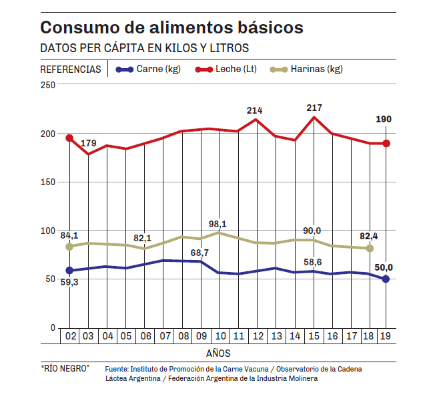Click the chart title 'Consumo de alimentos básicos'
[171, 28]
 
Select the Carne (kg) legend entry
[149, 69]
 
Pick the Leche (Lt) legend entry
[226, 69]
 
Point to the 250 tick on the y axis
[47, 85]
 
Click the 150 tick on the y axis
[47, 182]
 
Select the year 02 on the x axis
[69, 335]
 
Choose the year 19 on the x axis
[386, 335]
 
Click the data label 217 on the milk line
[314, 108]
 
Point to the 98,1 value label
[217, 224]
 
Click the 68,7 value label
[201, 253]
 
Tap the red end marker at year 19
[386, 144]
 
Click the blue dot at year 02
[69, 271]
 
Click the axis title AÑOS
[218, 352]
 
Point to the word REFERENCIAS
[71, 69]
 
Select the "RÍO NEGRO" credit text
[65, 368]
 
